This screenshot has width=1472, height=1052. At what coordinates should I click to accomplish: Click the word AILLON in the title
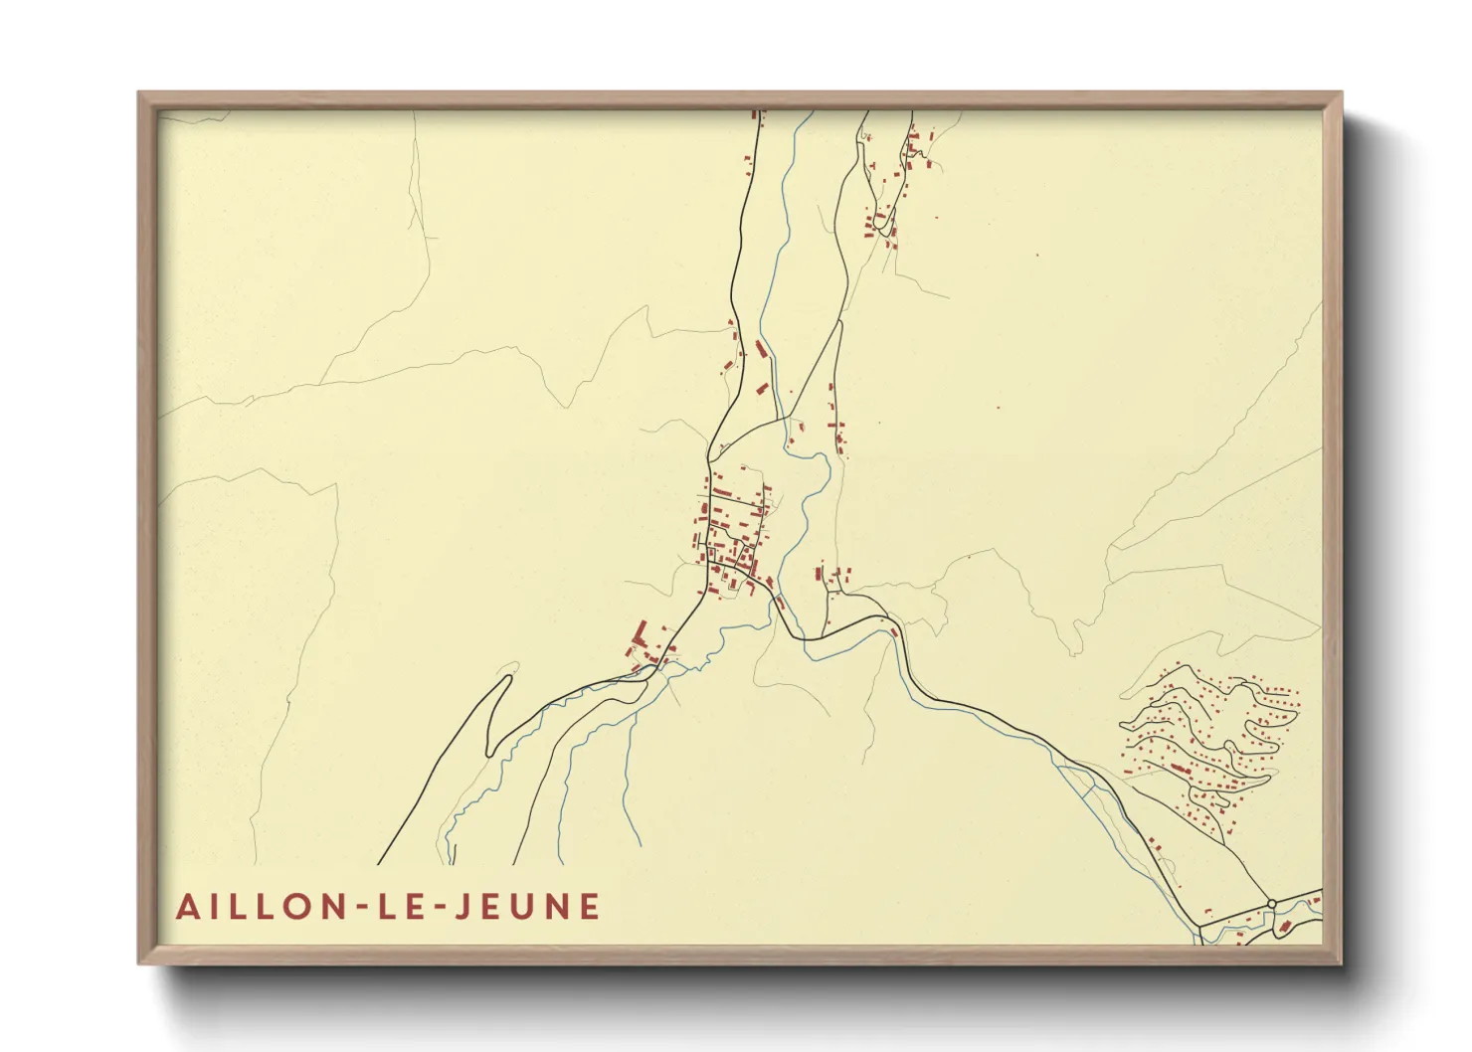click(259, 907)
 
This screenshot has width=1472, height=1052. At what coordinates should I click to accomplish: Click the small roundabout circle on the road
click(1272, 903)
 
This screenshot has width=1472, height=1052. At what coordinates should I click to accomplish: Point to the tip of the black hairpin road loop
click(508, 678)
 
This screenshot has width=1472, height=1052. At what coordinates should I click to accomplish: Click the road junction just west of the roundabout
click(1200, 925)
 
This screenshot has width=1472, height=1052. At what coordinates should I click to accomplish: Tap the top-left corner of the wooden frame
click(139, 93)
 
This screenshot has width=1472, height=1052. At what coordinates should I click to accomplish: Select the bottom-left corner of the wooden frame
click(139, 963)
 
